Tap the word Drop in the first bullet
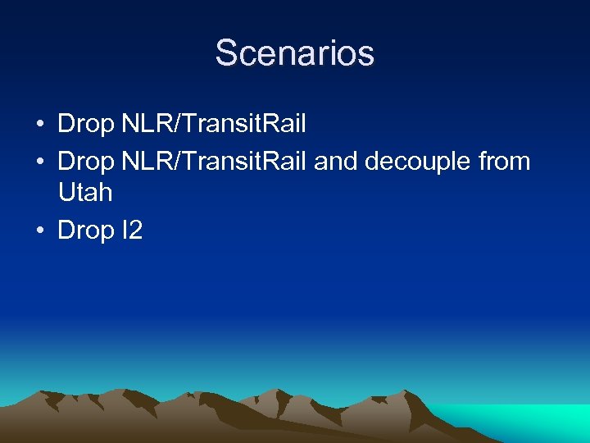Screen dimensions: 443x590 click(x=86, y=125)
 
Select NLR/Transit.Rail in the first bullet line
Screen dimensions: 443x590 click(x=214, y=125)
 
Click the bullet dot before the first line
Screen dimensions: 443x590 click(x=40, y=126)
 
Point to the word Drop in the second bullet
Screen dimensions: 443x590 click(x=86, y=162)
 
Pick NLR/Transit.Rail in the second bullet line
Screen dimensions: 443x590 click(x=214, y=162)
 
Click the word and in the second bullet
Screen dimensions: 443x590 click(x=335, y=162)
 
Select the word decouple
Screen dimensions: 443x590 click(x=417, y=162)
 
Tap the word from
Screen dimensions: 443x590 click(x=504, y=162)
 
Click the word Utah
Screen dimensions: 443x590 click(x=85, y=194)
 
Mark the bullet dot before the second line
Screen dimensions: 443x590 click(x=40, y=162)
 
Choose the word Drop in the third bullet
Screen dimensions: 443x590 click(x=86, y=231)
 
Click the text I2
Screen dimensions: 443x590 click(x=131, y=231)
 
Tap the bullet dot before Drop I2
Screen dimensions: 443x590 click(x=40, y=231)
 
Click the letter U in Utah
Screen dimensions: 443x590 click(x=66, y=194)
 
